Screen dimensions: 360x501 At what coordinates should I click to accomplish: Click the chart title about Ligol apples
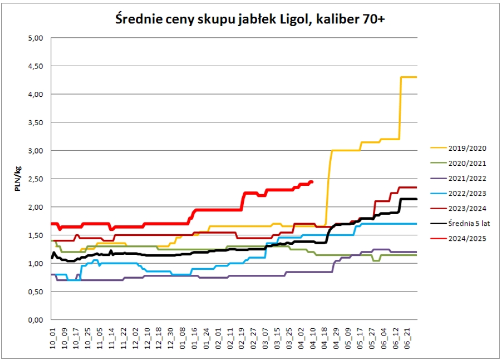(x=250, y=19)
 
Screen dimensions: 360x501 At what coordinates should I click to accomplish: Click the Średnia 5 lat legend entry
(x=469, y=223)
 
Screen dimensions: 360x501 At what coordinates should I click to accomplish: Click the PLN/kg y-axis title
(x=18, y=179)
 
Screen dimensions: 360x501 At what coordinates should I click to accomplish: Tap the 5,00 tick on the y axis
(x=35, y=38)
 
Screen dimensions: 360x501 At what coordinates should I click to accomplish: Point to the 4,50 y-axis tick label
(x=35, y=66)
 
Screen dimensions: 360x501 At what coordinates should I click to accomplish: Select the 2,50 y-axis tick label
(x=35, y=179)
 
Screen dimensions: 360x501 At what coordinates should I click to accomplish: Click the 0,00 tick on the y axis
(x=35, y=319)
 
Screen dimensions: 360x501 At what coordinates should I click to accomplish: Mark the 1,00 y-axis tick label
(x=35, y=263)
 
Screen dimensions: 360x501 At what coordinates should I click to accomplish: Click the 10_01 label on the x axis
(x=53, y=337)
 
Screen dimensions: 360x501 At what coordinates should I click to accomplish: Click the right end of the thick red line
(x=312, y=181)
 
